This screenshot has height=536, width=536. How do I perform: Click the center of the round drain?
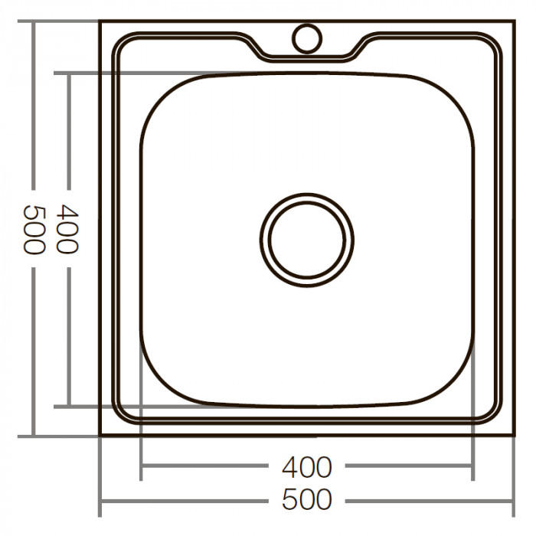click(307, 238)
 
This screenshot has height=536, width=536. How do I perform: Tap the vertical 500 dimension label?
click(34, 229)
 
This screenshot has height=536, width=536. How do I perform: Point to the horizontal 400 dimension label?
click(307, 466)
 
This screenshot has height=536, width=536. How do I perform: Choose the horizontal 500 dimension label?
click(307, 500)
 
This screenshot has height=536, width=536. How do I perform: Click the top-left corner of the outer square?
click(100, 23)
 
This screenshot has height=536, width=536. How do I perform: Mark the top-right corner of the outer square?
click(513, 23)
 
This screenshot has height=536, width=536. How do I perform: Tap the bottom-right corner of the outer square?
click(513, 436)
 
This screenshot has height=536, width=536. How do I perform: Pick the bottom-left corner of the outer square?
click(100, 436)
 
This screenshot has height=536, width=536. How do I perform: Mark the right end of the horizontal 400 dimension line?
click(472, 466)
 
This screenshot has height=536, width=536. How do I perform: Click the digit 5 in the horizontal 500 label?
click(290, 500)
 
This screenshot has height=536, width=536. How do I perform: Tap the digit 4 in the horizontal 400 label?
click(290, 466)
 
